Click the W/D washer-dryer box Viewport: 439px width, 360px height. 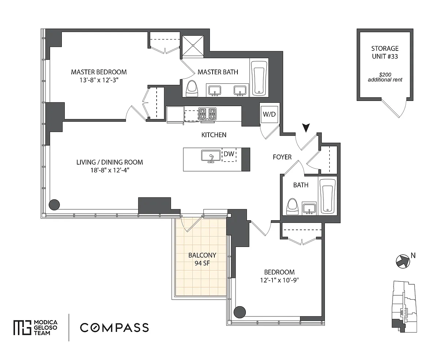(x=269, y=114)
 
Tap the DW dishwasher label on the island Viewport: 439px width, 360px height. (x=229, y=154)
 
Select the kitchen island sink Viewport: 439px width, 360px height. (x=211, y=156)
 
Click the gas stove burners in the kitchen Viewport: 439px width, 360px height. (x=207, y=114)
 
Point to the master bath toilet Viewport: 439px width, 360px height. (x=192, y=89)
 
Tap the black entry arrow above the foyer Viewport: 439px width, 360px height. (x=306, y=128)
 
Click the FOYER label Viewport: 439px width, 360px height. (x=282, y=157)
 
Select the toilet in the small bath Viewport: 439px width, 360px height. (x=292, y=207)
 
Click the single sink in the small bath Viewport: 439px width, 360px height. (x=309, y=208)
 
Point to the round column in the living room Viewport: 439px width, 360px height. (x=55, y=205)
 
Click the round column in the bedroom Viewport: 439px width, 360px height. (x=240, y=312)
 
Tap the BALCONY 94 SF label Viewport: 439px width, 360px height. (x=202, y=259)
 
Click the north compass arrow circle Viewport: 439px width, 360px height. (x=403, y=262)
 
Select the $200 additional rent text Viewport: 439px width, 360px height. (x=385, y=77)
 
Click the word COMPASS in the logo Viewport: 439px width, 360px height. (x=114, y=327)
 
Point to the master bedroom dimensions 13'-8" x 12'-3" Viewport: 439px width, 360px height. (x=99, y=80)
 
